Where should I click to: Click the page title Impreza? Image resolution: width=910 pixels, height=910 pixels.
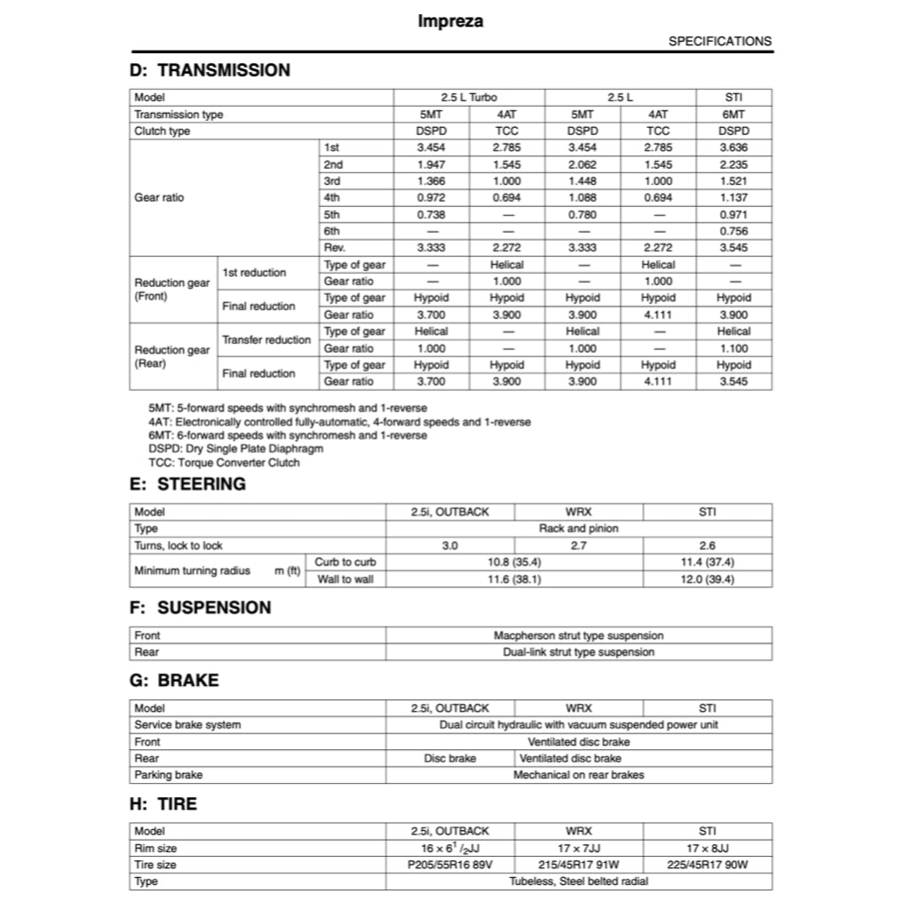click(451, 21)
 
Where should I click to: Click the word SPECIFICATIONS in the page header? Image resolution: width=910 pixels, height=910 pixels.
click(720, 41)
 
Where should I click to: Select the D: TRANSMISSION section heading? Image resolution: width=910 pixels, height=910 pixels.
click(210, 70)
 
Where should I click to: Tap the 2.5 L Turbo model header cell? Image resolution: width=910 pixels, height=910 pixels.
click(468, 98)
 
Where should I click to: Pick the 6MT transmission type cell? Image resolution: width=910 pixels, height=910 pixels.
click(733, 115)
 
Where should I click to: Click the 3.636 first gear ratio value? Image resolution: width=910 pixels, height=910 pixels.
click(733, 148)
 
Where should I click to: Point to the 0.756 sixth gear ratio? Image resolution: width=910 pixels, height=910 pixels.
click(733, 231)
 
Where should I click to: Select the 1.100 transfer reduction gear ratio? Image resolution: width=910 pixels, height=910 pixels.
click(733, 348)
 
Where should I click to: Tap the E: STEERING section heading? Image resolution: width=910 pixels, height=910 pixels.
click(188, 484)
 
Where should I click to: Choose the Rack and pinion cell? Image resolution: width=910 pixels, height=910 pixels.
click(579, 529)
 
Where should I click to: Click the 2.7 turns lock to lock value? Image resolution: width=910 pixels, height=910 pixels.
click(579, 546)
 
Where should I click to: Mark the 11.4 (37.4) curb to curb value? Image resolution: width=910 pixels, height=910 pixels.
click(707, 563)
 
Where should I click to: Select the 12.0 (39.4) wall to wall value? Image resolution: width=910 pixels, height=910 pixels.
click(707, 579)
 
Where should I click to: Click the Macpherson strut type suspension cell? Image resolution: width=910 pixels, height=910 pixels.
click(579, 635)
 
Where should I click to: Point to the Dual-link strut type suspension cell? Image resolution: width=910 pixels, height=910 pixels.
click(579, 652)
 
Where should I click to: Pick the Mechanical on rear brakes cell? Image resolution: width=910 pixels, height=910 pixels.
click(579, 775)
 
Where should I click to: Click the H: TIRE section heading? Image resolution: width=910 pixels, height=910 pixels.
click(164, 804)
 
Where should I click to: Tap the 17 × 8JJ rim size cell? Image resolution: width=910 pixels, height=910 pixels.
click(707, 849)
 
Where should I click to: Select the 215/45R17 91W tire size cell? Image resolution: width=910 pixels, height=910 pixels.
click(579, 865)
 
